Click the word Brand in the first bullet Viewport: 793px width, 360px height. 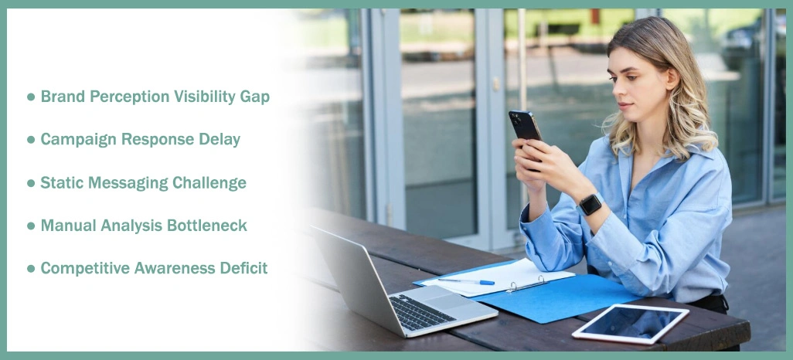[x=63, y=97]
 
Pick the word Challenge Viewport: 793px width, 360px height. [x=209, y=183]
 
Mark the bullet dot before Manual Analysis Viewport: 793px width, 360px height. [x=31, y=226]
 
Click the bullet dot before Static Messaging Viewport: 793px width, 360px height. [x=31, y=183]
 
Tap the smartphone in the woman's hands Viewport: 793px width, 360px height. [x=525, y=127]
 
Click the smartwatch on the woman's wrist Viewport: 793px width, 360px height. [x=590, y=204]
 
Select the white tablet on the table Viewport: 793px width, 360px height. [x=630, y=322]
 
